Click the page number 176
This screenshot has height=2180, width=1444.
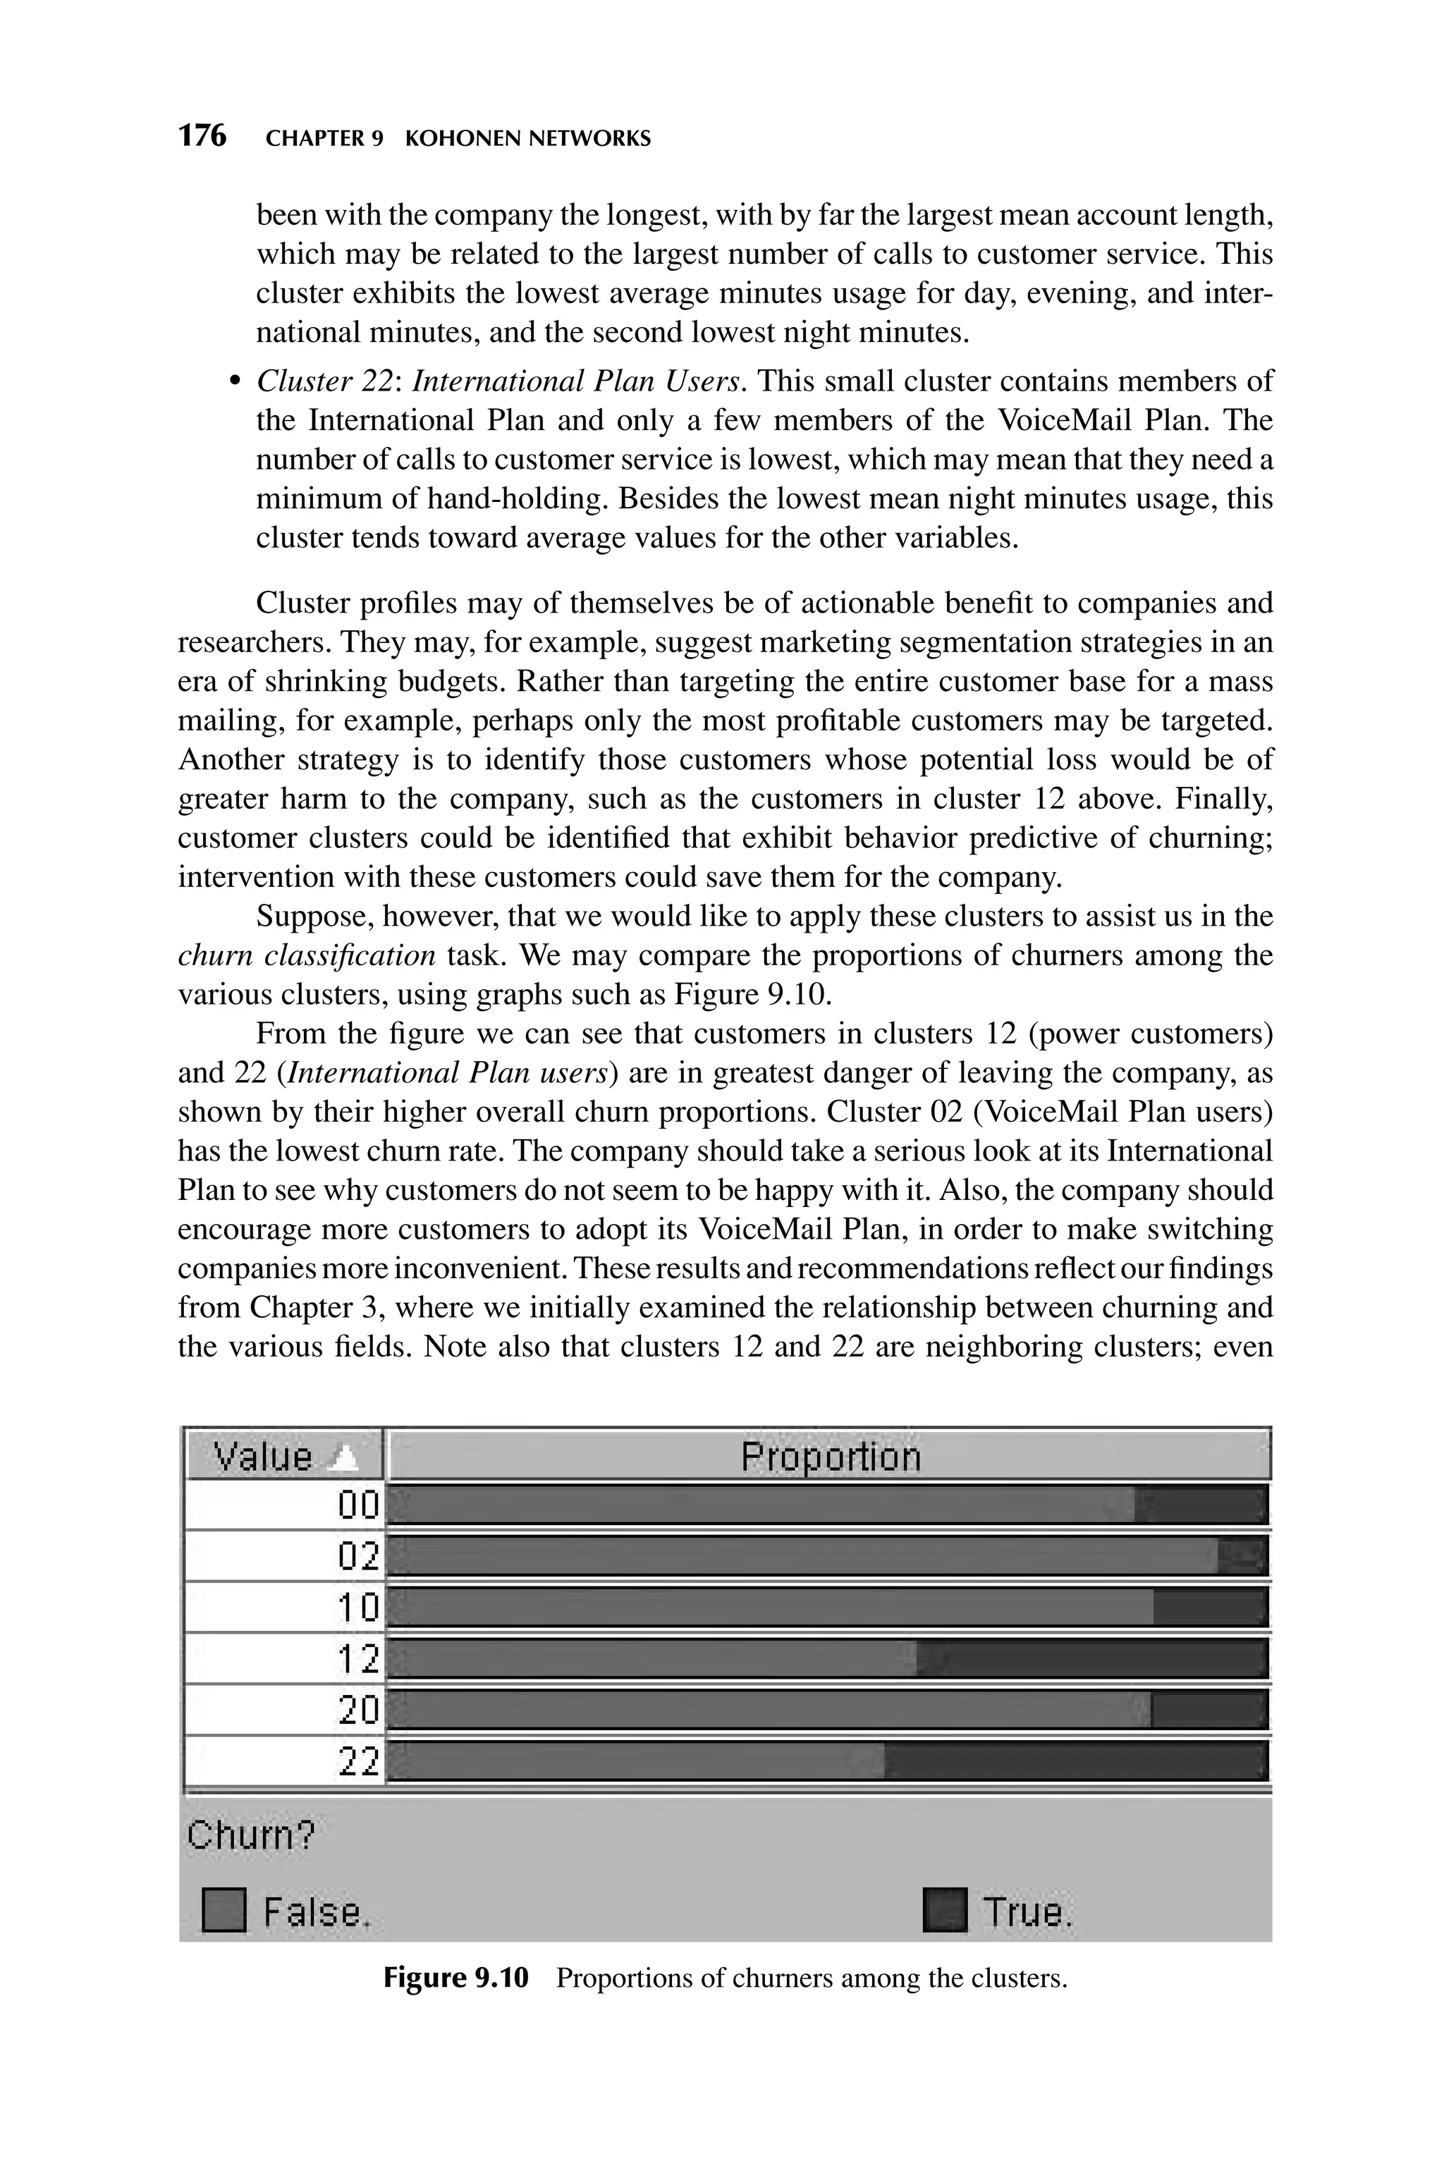point(202,136)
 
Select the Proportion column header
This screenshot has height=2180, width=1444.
point(830,1457)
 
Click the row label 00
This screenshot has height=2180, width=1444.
point(357,1506)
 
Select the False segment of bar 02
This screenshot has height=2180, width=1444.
point(801,1557)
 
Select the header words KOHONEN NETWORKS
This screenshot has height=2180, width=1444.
point(527,139)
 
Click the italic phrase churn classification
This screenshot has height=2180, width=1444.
point(307,955)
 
